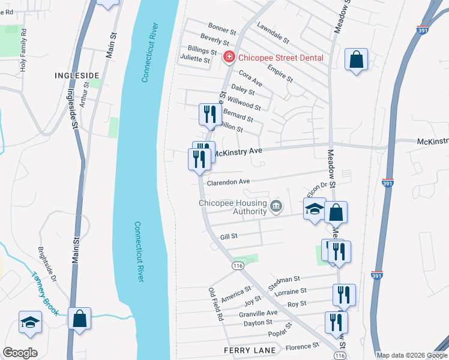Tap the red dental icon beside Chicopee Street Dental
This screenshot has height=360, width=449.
coord(229,58)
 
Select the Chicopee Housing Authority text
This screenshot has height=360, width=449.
coord(233,207)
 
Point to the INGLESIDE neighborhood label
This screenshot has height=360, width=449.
coord(76,75)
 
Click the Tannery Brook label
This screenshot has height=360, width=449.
coord(46,293)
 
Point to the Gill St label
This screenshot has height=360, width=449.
coord(229,237)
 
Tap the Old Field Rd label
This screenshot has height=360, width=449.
coord(216,304)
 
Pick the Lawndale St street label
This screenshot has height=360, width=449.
coord(273,34)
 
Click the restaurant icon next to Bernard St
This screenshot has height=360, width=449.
coord(208,114)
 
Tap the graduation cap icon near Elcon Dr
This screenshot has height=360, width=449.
coord(314,209)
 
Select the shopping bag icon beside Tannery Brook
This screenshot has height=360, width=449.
coord(80,319)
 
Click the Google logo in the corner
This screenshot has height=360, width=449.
coord(20,353)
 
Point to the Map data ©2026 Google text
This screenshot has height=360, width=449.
coord(412,355)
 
